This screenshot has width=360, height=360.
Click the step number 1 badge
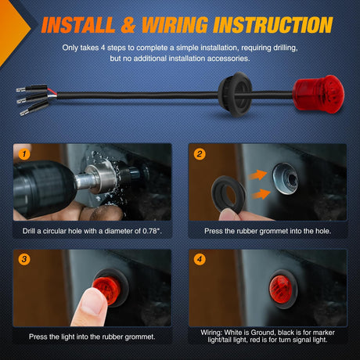tap(24, 154)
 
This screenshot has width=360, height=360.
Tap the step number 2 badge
tap(200, 154)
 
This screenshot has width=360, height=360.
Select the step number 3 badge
tap(24, 259)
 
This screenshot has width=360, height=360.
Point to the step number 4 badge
tap(200, 259)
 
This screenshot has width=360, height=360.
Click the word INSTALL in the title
tap(78, 25)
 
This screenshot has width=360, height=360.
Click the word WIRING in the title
tap(175, 25)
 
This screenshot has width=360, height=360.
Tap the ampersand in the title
tap(128, 25)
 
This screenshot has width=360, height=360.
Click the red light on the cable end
tap(318, 94)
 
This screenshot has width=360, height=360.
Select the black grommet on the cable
tap(235, 95)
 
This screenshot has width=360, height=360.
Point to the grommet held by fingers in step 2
tap(228, 194)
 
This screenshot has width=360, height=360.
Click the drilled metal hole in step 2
tap(286, 178)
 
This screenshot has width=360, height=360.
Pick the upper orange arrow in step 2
tap(257, 175)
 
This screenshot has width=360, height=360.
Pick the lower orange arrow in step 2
tap(261, 194)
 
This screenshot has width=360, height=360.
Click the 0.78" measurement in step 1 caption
tap(152, 231)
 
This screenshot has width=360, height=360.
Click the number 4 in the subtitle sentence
tap(103, 48)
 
